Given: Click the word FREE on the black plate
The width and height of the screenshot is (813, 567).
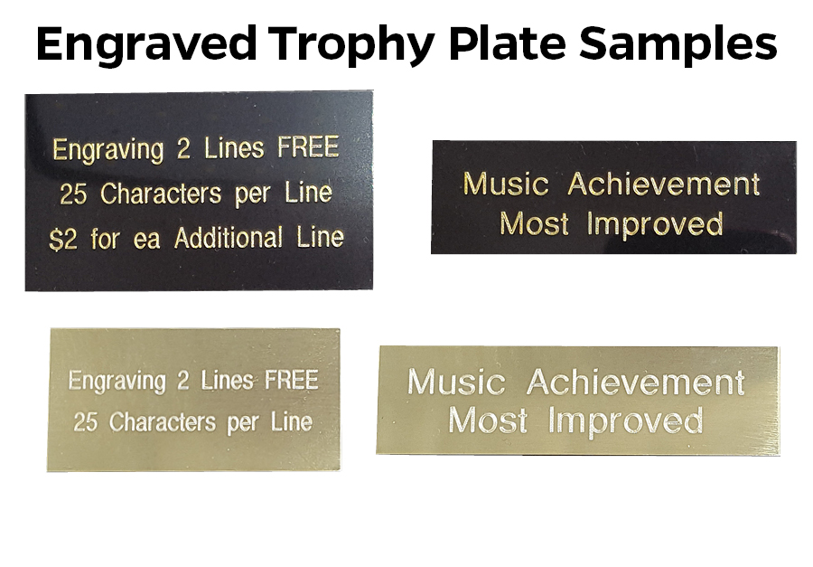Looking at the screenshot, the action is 309,146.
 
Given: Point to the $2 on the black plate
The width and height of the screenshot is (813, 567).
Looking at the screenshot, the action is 63,240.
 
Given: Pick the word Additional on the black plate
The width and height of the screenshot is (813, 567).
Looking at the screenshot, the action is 229,238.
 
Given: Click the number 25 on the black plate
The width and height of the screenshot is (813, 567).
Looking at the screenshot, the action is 73,194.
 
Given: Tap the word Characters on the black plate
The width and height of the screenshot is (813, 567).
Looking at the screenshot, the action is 161,194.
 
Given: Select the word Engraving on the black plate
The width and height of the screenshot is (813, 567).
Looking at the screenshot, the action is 107,150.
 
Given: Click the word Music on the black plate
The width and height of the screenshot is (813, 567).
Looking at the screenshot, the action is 506,184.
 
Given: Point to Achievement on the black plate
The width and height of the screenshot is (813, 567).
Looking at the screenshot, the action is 664,184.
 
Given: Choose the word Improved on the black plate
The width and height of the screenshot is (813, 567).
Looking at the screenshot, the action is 655,224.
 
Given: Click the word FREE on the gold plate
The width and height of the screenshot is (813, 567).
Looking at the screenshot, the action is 292,380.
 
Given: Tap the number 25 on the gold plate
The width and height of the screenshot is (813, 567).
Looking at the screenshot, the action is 85,422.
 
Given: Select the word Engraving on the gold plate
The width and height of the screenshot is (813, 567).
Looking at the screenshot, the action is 117,382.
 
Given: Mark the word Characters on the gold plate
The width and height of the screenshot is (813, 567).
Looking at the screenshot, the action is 163,422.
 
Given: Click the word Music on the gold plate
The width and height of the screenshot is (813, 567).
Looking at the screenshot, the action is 456,382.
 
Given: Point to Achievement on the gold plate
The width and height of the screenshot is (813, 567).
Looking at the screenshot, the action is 636,383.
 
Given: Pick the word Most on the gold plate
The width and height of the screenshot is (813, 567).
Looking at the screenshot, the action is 488,421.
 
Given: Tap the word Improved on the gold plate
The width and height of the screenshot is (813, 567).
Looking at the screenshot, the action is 626,421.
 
